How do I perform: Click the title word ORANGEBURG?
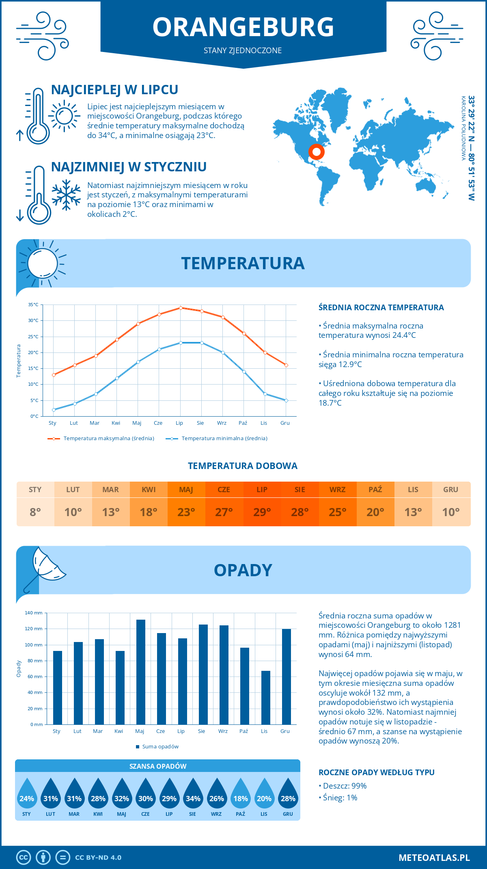pyautogui.click(x=243, y=27)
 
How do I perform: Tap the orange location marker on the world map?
pyautogui.click(x=316, y=152)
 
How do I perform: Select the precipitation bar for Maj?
pyautogui.click(x=141, y=672)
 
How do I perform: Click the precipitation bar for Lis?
pyautogui.click(x=266, y=698)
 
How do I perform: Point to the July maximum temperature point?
pyautogui.click(x=181, y=308)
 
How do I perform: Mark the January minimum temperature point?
pyautogui.click(x=54, y=410)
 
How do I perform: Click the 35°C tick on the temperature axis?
pyautogui.click(x=33, y=305)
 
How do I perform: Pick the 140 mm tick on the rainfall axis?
pyautogui.click(x=34, y=613)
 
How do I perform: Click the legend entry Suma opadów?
pyautogui.click(x=160, y=747)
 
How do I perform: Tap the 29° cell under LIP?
pyautogui.click(x=262, y=512)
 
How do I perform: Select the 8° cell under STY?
pyautogui.click(x=35, y=512)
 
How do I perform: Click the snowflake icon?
pyautogui.click(x=66, y=195)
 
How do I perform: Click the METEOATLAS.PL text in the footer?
pyautogui.click(x=434, y=858)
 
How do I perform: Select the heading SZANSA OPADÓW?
pyautogui.click(x=158, y=766)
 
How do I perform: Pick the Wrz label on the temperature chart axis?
pyautogui.click(x=222, y=423)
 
